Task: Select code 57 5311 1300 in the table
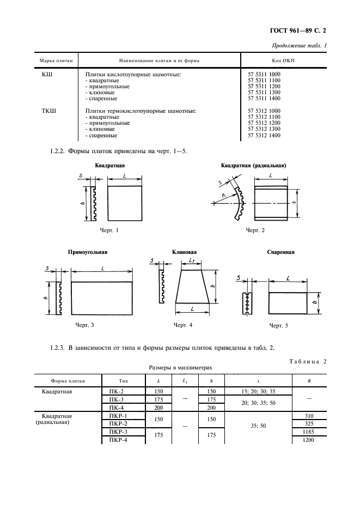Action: coord(264,93)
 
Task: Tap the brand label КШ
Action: coord(47,73)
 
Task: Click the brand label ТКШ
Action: coord(49,111)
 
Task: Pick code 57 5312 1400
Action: coord(264,135)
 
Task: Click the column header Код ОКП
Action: coord(283,60)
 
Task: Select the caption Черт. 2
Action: coord(255,230)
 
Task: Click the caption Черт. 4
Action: coord(184,325)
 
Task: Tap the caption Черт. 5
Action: coord(279,325)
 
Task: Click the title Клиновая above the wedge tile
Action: coord(184,252)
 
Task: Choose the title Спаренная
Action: coord(281,252)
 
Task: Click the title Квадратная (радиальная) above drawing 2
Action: coord(254,165)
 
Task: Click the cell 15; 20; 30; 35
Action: coord(258,391)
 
